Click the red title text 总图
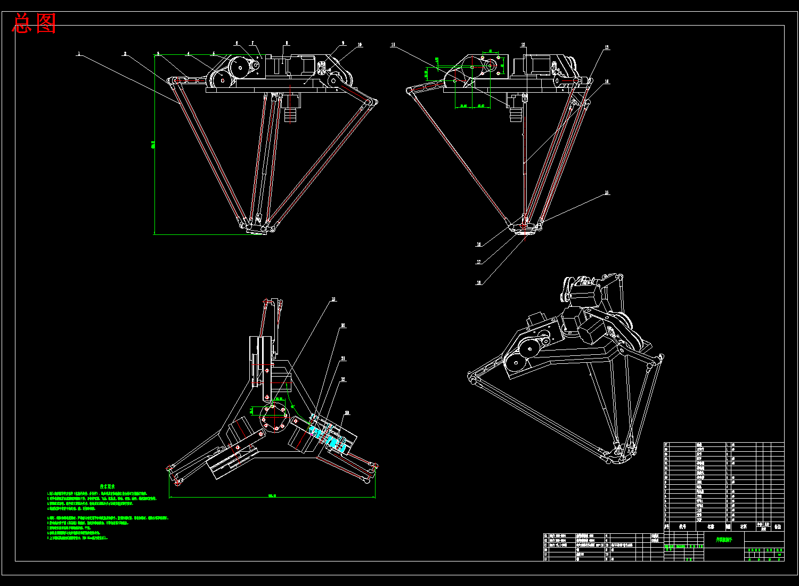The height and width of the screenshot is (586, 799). tap(35, 23)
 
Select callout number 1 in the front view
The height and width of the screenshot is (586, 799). tap(79, 54)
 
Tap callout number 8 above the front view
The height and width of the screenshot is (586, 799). tap(287, 44)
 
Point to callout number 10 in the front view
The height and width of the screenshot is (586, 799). tap(360, 45)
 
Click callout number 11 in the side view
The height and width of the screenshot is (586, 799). tap(393, 45)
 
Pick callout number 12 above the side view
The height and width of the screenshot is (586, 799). tap(524, 45)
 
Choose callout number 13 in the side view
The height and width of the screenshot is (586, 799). tap(606, 48)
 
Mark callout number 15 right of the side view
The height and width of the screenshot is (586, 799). tap(607, 193)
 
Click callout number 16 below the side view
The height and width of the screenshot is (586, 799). tap(479, 245)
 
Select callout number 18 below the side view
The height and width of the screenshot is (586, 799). tap(479, 283)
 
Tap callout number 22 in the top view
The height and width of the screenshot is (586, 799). tap(344, 379)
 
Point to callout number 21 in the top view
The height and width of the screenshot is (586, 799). tap(344, 359)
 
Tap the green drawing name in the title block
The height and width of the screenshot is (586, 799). tap(723, 539)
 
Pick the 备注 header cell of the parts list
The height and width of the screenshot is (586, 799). tap(778, 526)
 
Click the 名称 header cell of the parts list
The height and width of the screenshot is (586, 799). tap(711, 526)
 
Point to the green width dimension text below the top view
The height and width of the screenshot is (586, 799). tap(272, 496)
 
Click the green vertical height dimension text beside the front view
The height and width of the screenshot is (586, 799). tap(153, 144)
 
